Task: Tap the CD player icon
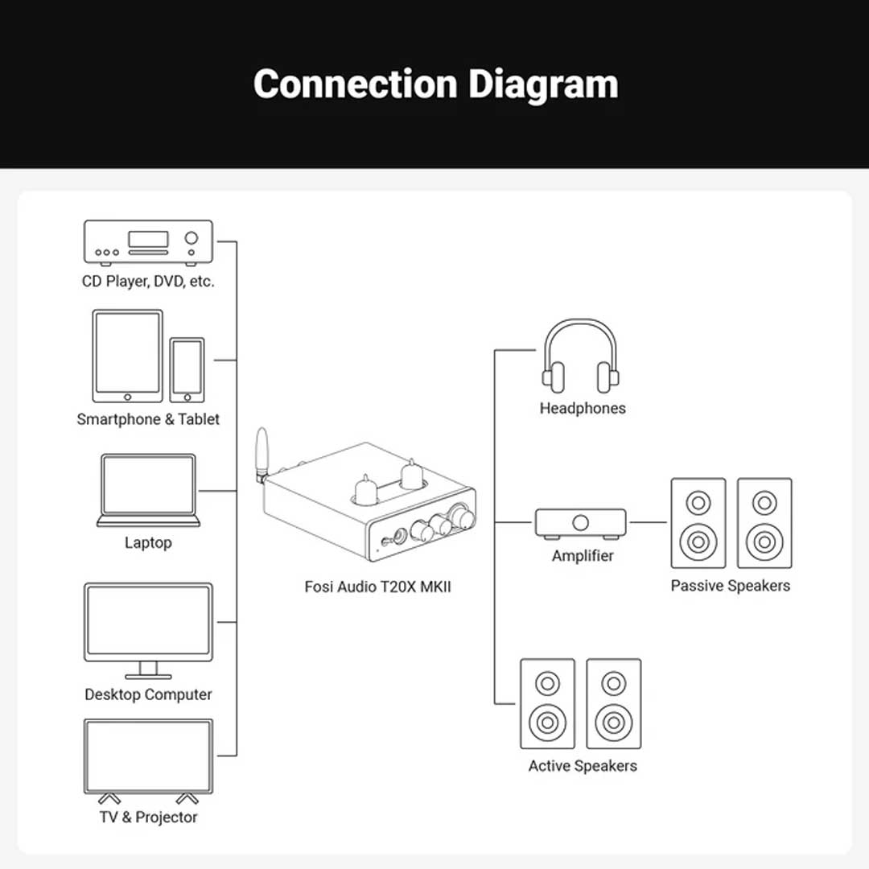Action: pyautogui.click(x=149, y=242)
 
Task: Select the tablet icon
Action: pyautogui.click(x=127, y=356)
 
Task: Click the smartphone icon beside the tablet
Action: pyautogui.click(x=187, y=369)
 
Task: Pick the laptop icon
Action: pyautogui.click(x=148, y=490)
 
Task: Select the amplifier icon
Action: pyautogui.click(x=581, y=523)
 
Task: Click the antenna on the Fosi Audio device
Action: pyautogui.click(x=261, y=451)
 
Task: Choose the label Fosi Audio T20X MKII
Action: pyautogui.click(x=377, y=587)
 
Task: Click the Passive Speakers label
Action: pyautogui.click(x=731, y=586)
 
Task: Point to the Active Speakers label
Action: pyautogui.click(x=583, y=766)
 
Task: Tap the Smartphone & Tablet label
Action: pyautogui.click(x=148, y=419)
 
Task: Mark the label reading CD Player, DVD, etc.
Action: pyautogui.click(x=148, y=282)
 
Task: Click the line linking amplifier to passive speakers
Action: pyautogui.click(x=648, y=522)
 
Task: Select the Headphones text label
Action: pyautogui.click(x=583, y=408)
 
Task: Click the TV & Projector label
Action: pyautogui.click(x=148, y=817)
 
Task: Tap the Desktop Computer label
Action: pyautogui.click(x=148, y=694)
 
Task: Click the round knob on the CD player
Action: pyautogui.click(x=192, y=238)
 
